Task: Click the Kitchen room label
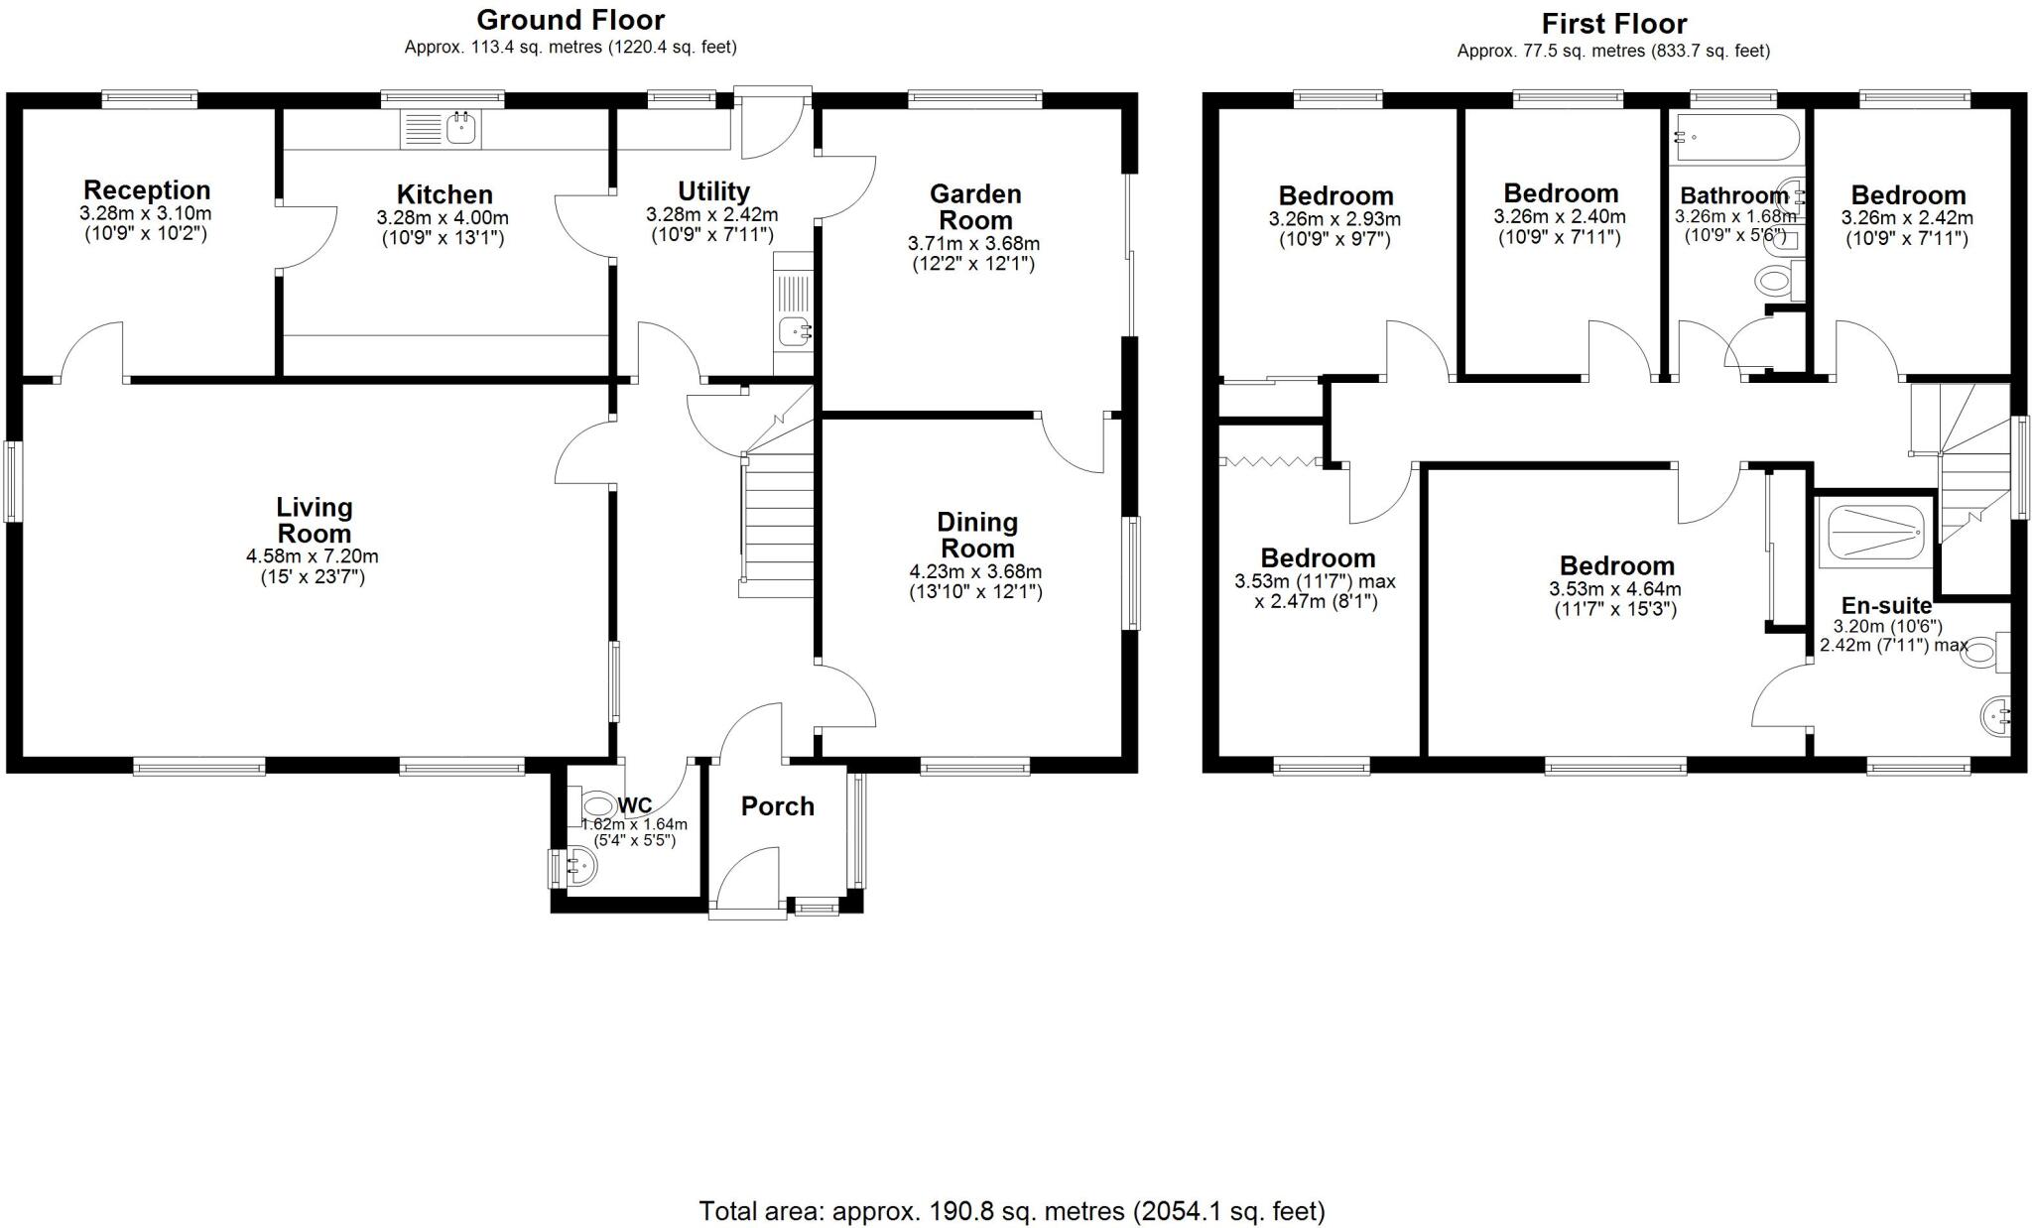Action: tap(444, 194)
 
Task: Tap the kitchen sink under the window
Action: tap(441, 129)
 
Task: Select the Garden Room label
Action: tap(975, 207)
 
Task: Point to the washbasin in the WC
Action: tap(578, 869)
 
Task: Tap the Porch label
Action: tap(777, 806)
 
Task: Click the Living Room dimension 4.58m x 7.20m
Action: tap(313, 556)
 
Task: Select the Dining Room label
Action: tap(976, 536)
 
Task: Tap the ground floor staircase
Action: tap(778, 526)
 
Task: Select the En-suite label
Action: tap(1886, 605)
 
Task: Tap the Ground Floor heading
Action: tap(571, 20)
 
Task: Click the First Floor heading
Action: tap(1613, 24)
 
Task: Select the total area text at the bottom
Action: tap(1012, 1210)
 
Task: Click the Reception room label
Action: tap(147, 190)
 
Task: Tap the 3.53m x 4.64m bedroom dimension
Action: tap(1615, 588)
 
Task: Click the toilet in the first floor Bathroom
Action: tap(1775, 281)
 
